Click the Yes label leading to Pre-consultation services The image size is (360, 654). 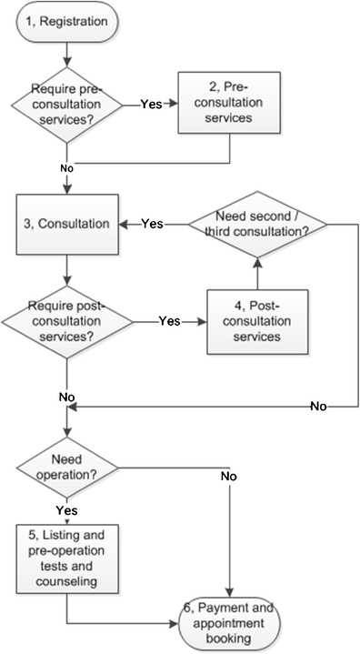pyautogui.click(x=152, y=104)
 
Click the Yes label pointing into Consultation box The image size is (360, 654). pyautogui.click(x=153, y=223)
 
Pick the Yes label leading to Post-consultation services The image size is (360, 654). pyautogui.click(x=170, y=320)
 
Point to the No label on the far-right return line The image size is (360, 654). pyautogui.click(x=318, y=407)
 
